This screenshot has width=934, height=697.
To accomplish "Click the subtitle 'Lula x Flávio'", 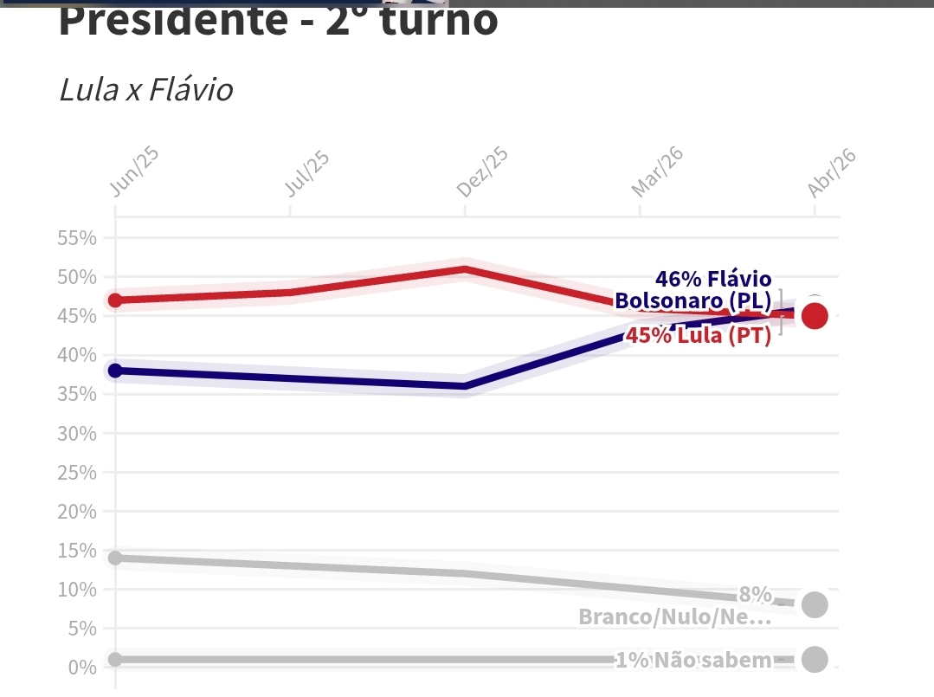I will pos(145,90).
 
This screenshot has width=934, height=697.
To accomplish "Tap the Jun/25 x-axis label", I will pos(135,172).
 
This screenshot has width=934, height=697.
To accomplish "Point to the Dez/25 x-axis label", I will pos(482,172).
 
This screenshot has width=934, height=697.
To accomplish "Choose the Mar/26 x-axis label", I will pos(657,172).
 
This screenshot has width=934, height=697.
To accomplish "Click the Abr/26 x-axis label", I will pos(831,172).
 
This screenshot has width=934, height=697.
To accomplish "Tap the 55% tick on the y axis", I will pos(76,238).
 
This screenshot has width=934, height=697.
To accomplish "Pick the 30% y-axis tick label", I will pos(76,433).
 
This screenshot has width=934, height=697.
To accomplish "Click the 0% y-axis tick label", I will pos(81,667).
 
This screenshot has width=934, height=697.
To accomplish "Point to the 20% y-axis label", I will pos(76,511).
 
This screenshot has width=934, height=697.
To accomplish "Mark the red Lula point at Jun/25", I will pos(115,300).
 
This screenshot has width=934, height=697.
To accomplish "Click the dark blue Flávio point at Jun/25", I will pos(115,371).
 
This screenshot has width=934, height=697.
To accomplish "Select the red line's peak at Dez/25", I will pos(465,269).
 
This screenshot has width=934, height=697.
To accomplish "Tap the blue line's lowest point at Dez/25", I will pos(465,386).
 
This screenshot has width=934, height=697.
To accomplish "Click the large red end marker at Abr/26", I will pos(814,316).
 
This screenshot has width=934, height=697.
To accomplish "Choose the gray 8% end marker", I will pos(814,604).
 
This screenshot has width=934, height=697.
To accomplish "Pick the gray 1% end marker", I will pos(814,659).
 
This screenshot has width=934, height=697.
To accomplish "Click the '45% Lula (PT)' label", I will pos(698,336).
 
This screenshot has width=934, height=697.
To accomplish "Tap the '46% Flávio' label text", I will pos(712,279).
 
